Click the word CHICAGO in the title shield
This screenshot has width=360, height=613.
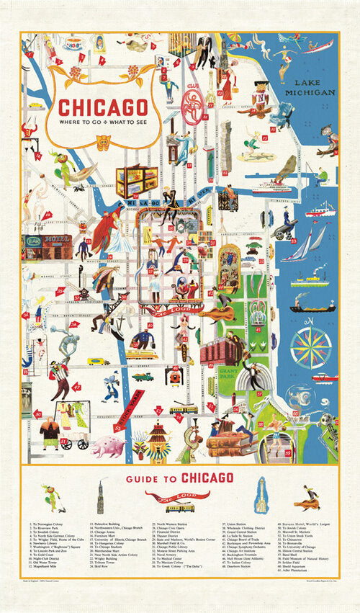(101, 107)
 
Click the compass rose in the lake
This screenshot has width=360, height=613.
(310, 347)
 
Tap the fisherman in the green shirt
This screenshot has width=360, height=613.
(322, 175)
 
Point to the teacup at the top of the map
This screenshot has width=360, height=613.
(73, 44)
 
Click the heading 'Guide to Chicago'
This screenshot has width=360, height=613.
(179, 477)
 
